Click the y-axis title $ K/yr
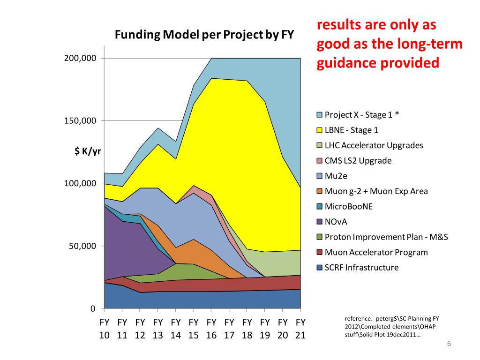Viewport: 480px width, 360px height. pos(88,150)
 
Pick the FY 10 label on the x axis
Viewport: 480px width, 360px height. pos(105,329)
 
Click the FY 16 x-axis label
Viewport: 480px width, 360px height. pos(211,329)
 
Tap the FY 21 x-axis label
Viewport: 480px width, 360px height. pos(300,329)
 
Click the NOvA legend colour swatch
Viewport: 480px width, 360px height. pos(320,222)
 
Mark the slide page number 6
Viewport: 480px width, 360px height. pos(449,344)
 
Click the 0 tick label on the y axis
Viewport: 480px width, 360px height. pos(93,308)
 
